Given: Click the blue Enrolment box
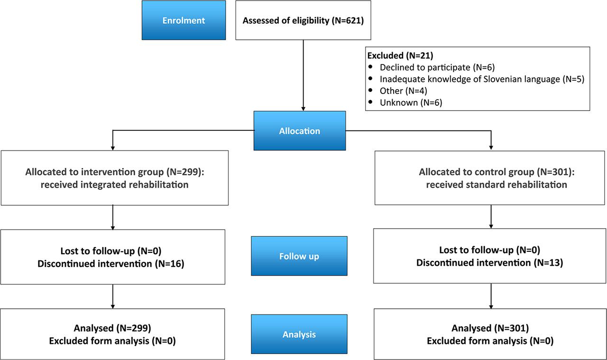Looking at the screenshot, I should point(184,20).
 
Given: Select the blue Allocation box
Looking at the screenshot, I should point(299,131).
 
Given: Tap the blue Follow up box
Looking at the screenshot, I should point(299,256).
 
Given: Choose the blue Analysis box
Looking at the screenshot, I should point(299,334).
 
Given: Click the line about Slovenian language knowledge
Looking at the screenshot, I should point(481,79).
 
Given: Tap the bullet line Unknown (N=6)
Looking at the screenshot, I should point(411,102).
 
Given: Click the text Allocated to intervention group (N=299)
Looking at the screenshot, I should point(114,171).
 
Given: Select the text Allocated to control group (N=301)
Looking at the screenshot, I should point(490,171).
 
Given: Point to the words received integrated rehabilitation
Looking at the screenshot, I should point(114,185).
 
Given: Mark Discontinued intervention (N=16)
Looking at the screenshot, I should point(110,263).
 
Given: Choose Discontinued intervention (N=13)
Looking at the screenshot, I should point(489,263).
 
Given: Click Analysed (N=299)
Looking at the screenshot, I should point(112,328).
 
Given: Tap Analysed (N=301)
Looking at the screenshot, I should point(490,328).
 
